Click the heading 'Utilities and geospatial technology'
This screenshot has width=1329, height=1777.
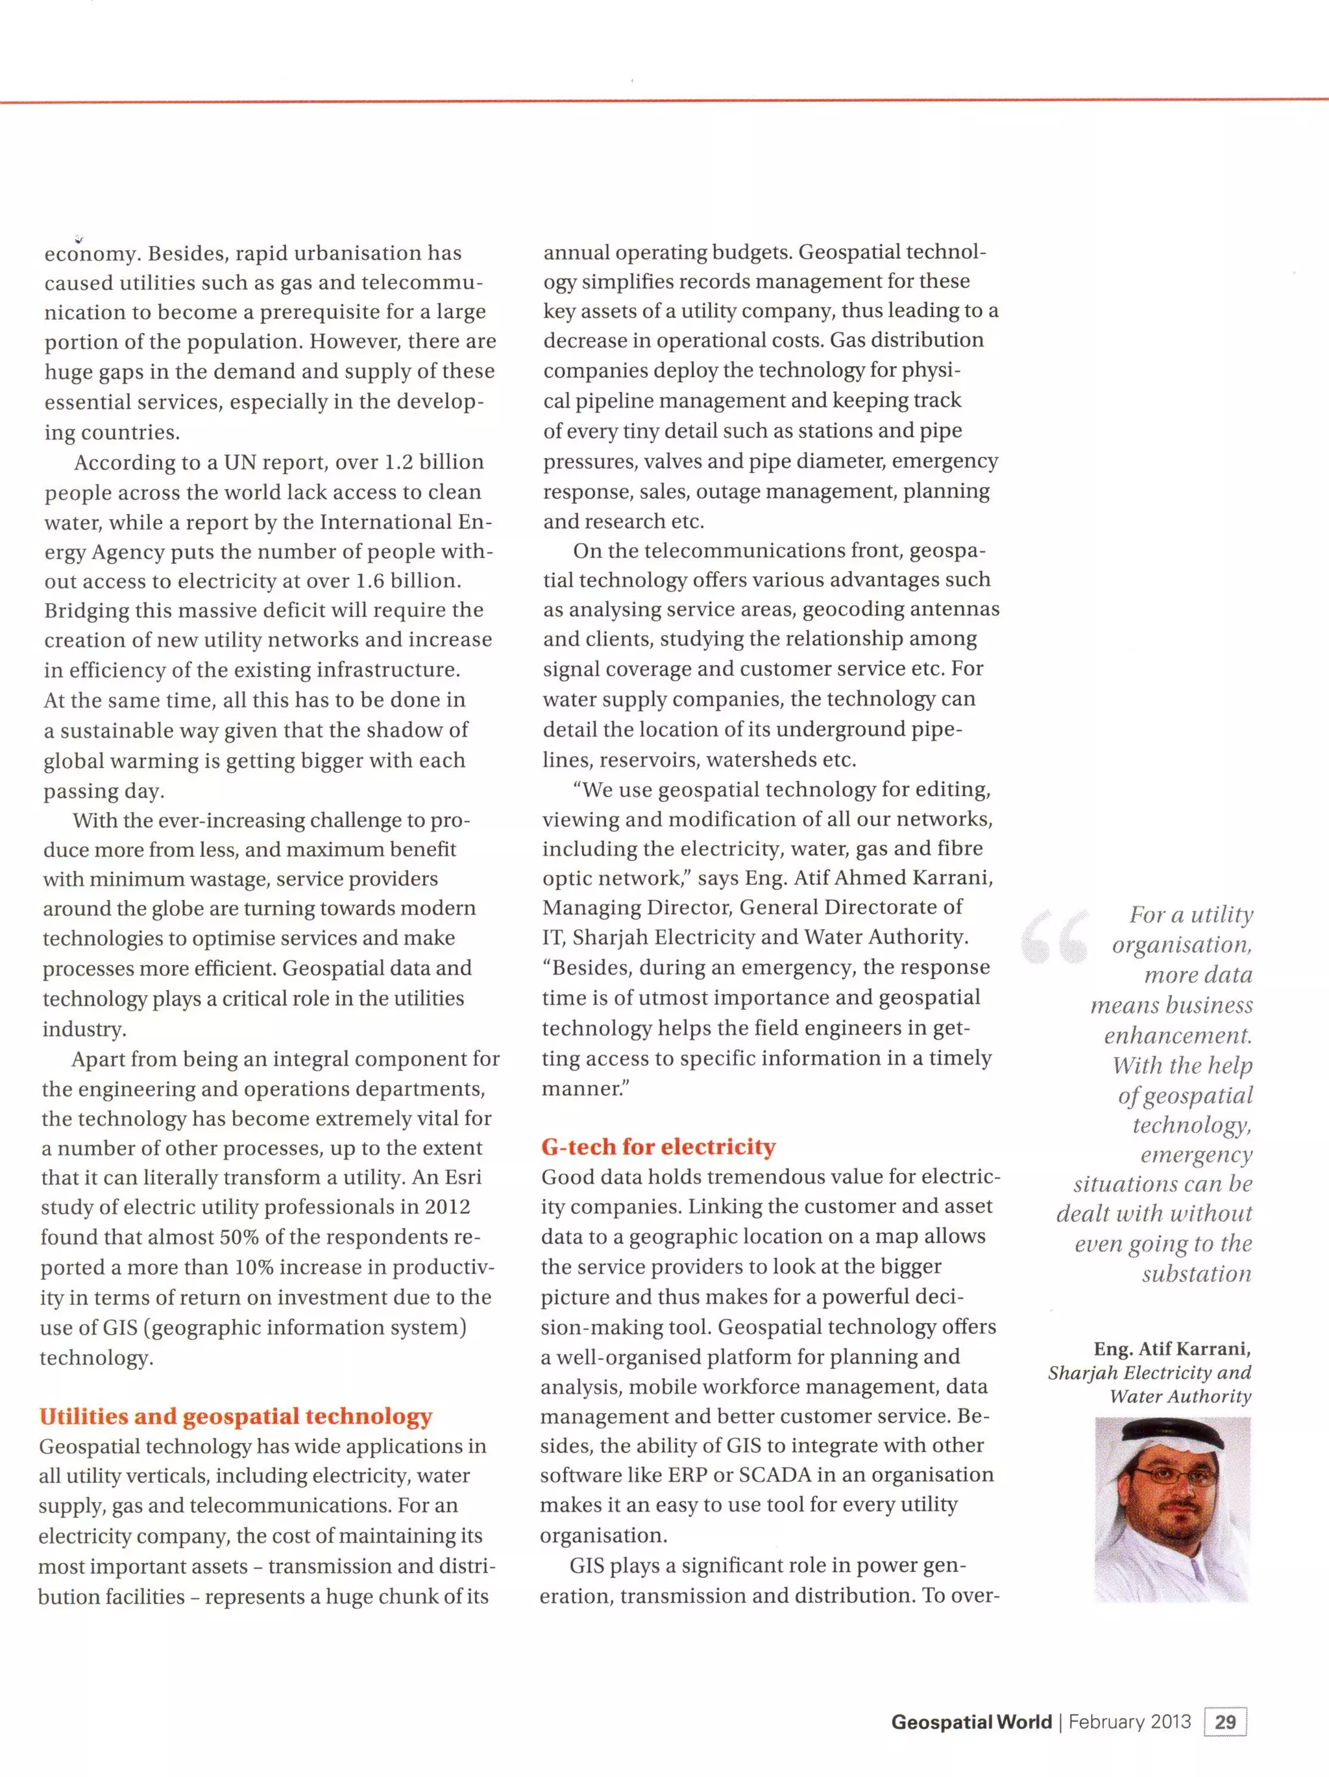coord(236,1416)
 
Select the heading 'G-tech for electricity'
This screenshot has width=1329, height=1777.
coord(658,1146)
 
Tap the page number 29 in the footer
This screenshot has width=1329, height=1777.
coord(1225,1722)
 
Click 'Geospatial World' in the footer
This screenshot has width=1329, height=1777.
coord(971,1722)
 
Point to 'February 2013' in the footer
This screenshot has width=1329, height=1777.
coord(1129,1722)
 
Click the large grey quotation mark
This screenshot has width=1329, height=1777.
coord(1055,936)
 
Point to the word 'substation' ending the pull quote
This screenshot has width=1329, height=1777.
coord(1197,1274)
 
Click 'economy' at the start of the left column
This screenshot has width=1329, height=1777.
coord(90,254)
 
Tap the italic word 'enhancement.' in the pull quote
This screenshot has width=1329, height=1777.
coord(1177,1035)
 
